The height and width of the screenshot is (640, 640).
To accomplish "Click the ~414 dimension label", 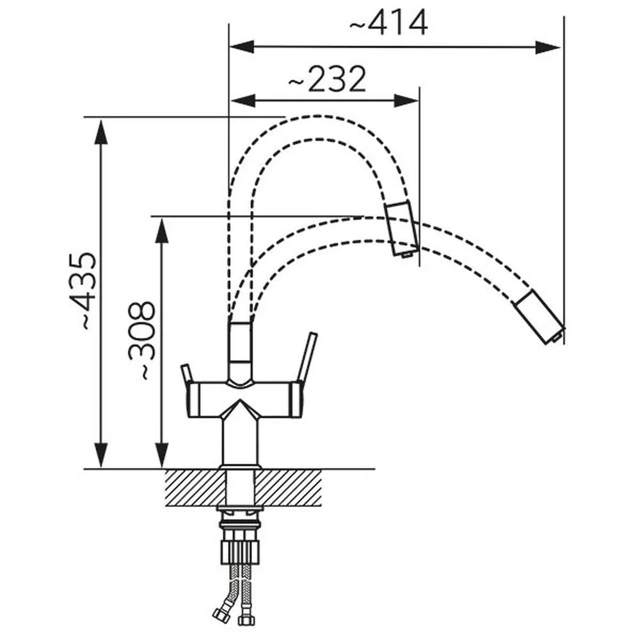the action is (388, 23).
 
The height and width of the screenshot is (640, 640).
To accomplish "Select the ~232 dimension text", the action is (327, 79).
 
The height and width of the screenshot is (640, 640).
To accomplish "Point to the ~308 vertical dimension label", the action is (142, 340).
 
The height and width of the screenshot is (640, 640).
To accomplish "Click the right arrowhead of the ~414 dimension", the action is (547, 47).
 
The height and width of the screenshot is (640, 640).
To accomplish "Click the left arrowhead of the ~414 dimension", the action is (243, 47).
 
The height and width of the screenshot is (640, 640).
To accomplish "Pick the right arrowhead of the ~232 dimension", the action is (406, 100).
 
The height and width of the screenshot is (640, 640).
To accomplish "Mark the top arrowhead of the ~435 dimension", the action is (101, 132).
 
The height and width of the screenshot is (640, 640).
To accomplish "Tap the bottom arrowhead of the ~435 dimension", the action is (101, 454).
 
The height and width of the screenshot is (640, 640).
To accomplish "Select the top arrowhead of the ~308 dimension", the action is (163, 230).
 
